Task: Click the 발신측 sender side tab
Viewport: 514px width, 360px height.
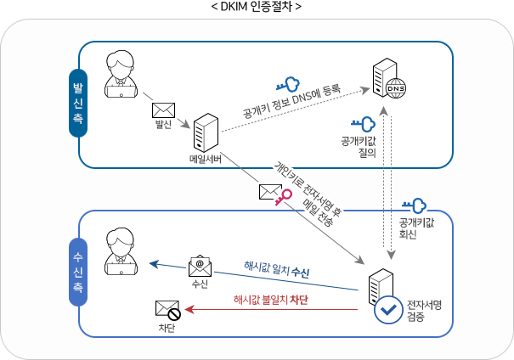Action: tap(77, 104)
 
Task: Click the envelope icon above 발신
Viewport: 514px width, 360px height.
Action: tap(162, 110)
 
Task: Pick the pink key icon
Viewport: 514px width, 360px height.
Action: tap(283, 196)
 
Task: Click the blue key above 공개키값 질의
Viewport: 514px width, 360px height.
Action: tap(363, 125)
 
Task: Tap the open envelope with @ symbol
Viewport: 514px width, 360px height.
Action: tap(200, 267)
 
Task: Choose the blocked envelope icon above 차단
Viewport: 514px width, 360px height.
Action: tap(166, 310)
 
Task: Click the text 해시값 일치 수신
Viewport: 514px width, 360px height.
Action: tap(276, 272)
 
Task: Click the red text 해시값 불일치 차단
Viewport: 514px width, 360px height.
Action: tap(269, 300)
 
